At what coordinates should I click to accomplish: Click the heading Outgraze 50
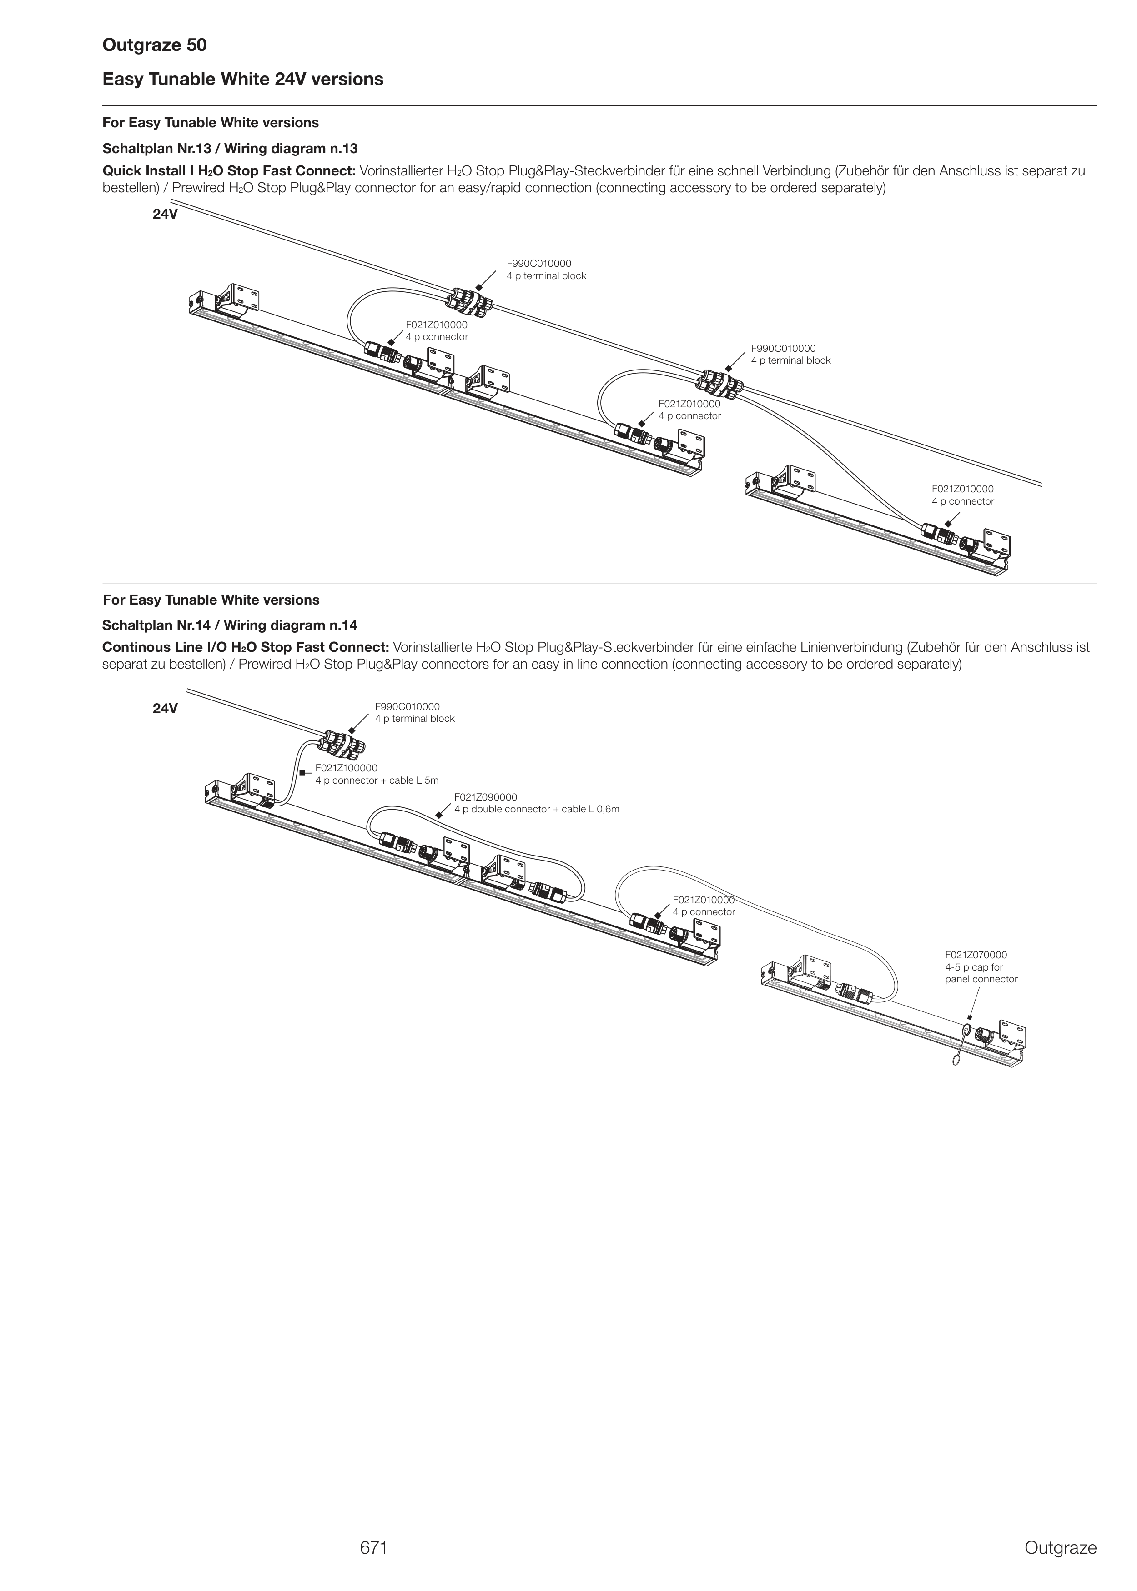click(154, 45)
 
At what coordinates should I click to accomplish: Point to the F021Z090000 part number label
click(486, 797)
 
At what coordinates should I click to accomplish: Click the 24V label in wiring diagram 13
click(165, 214)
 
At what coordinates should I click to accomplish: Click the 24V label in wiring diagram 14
click(165, 709)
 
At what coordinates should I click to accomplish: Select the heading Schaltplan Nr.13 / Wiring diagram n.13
click(230, 148)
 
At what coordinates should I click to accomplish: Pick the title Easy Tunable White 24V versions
click(243, 79)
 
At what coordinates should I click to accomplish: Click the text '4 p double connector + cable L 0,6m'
click(536, 810)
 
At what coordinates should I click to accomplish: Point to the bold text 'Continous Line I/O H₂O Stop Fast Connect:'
click(246, 647)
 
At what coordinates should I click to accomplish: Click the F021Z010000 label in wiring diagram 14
click(703, 900)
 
